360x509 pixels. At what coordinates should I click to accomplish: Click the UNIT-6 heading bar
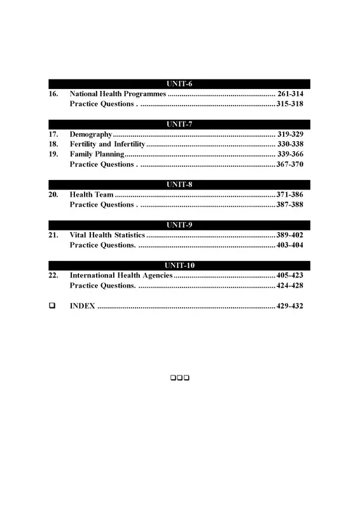(x=179, y=84)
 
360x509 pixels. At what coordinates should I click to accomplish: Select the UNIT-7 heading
(x=179, y=124)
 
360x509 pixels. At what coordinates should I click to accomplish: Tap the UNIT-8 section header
(x=179, y=185)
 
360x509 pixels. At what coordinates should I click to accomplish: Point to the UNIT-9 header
(x=179, y=225)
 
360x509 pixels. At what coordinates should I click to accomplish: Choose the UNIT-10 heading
(x=179, y=265)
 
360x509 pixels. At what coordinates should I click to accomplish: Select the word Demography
(x=91, y=135)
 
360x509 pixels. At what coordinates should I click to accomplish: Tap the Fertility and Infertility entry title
(x=107, y=144)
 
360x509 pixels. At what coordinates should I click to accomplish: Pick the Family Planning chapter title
(x=97, y=155)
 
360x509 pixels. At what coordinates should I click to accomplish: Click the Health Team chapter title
(x=92, y=195)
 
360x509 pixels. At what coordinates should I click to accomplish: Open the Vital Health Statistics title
(x=107, y=235)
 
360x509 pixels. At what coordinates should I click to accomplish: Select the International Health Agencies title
(x=121, y=275)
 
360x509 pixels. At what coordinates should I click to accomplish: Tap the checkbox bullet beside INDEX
(x=52, y=306)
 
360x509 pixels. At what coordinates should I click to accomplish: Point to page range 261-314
(x=290, y=94)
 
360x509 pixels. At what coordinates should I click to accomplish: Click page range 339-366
(x=290, y=155)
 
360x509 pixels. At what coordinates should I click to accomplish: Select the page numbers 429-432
(x=290, y=306)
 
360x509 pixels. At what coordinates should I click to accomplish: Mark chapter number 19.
(x=53, y=155)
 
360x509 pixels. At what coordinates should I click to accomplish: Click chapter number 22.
(x=53, y=275)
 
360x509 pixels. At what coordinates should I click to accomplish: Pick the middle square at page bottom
(x=180, y=379)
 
